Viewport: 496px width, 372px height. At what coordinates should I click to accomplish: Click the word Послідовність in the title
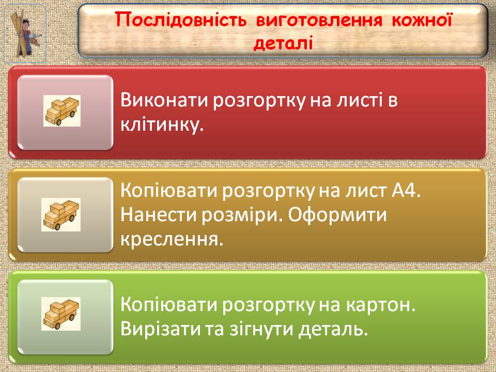[x=181, y=20]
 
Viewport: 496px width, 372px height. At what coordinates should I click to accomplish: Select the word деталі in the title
[x=283, y=43]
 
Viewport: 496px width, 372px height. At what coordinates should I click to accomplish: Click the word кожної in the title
[x=422, y=20]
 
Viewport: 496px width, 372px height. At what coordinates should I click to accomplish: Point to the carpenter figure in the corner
[x=25, y=34]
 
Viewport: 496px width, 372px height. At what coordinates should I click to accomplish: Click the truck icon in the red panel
[x=62, y=111]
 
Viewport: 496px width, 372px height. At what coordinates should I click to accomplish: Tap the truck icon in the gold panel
[x=61, y=214]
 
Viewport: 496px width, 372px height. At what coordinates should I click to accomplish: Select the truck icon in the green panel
[x=61, y=314]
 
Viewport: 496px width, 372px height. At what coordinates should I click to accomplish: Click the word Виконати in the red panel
[x=164, y=100]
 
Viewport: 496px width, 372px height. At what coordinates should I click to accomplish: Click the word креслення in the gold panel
[x=172, y=239]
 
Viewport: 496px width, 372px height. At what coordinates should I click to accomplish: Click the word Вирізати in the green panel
[x=161, y=329]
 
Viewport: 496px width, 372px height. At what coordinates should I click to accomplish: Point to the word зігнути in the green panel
[x=261, y=330]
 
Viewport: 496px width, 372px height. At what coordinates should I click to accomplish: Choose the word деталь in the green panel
[x=333, y=330]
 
